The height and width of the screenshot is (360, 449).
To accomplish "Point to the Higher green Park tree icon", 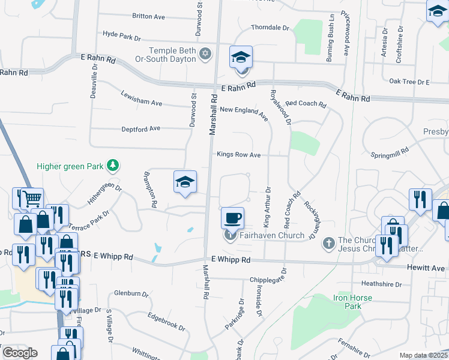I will click(112, 165).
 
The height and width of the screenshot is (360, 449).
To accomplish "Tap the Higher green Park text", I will click(70, 166).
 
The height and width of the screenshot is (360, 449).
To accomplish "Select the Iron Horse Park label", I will click(352, 302).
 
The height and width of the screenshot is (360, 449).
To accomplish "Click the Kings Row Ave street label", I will click(238, 155).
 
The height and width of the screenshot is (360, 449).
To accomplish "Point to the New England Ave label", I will click(244, 110).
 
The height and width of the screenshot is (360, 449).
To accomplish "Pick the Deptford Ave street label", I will click(141, 128).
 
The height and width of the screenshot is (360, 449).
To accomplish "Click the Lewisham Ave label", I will click(142, 99).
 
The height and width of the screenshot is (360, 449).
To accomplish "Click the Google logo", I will click(20, 353).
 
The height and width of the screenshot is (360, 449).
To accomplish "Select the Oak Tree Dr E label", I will click(409, 82).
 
